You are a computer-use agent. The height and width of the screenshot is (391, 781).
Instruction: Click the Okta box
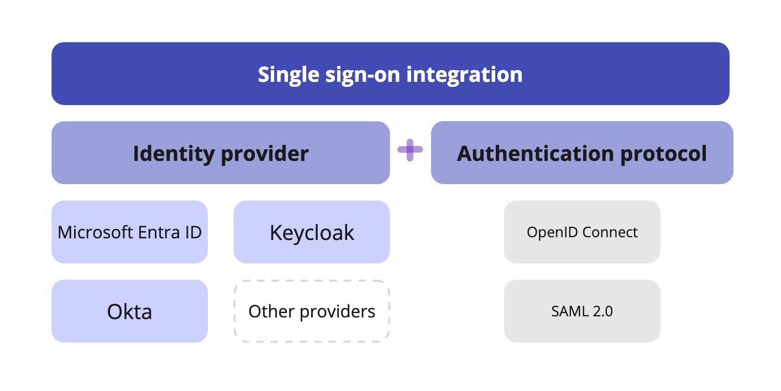(129, 311)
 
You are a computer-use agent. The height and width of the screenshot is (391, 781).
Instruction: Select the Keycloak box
(312, 232)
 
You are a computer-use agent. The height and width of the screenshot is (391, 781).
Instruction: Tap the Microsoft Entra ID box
(129, 232)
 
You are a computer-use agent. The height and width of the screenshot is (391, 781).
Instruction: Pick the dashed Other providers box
(312, 311)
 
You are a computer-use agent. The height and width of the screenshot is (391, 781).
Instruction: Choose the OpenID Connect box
(582, 232)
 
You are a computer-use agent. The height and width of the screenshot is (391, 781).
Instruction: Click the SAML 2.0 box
(582, 311)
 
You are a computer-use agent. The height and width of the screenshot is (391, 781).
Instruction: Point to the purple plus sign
(410, 150)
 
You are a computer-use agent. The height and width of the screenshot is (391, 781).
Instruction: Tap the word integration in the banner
(464, 74)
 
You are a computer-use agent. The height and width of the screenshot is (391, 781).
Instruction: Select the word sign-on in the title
(365, 74)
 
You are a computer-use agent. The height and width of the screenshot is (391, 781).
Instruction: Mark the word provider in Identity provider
(264, 153)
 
